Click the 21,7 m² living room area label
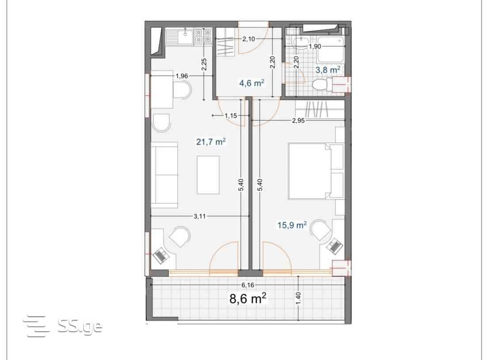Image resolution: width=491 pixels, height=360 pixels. [211, 142]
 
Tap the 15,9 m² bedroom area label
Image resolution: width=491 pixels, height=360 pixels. [292, 225]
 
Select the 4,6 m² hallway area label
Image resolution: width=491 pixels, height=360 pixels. [252, 83]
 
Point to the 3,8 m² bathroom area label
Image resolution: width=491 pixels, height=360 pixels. [327, 69]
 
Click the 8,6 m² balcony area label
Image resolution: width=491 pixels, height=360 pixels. [248, 299]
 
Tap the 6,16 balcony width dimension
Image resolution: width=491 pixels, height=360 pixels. [247, 285]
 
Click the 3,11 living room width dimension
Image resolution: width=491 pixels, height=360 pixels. [200, 216]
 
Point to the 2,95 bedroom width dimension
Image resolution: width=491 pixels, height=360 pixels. [298, 120]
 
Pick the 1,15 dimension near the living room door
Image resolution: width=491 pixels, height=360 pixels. [231, 115]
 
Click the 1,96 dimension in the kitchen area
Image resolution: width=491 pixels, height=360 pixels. [182, 76]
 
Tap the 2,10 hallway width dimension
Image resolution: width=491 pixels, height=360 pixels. [249, 39]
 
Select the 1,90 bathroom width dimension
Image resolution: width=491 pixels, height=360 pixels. [315, 46]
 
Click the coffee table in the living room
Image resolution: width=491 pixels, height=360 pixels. [208, 175]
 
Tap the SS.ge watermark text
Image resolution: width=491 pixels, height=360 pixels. [80, 326]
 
